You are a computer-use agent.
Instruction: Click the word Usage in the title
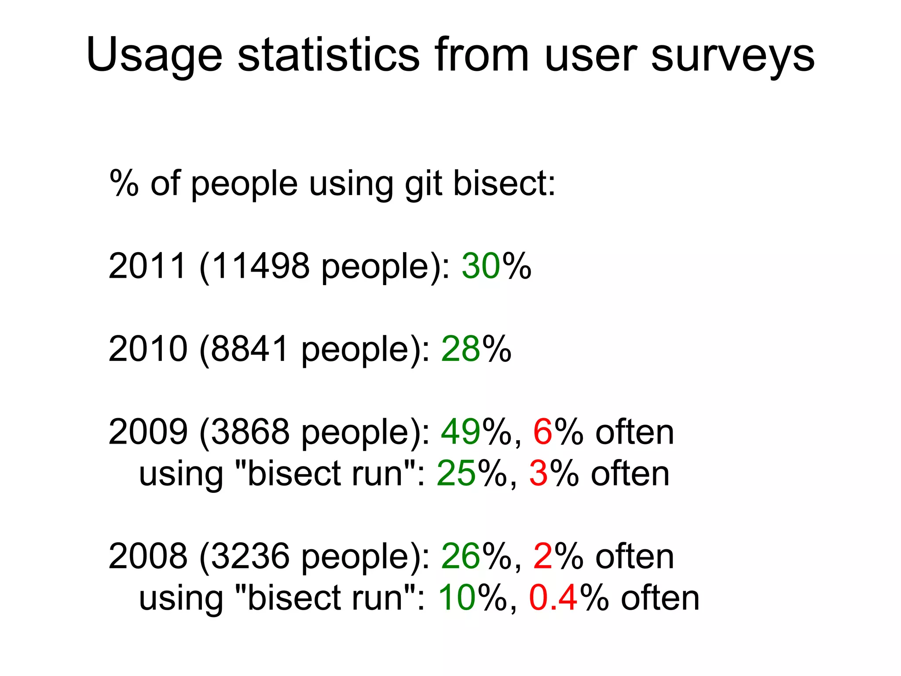154,55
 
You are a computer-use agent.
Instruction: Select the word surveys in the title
732,55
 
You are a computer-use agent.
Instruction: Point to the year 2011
147,266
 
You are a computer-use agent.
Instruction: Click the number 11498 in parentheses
260,266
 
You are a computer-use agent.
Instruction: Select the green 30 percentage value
481,266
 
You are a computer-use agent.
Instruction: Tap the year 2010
147,349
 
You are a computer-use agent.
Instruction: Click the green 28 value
461,349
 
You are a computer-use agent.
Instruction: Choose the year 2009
147,432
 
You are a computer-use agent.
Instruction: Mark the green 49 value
461,432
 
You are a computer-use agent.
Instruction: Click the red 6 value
542,432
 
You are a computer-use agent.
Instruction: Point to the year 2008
147,556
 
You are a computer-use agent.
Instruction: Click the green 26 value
461,556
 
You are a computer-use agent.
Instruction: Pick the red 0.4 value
553,598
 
